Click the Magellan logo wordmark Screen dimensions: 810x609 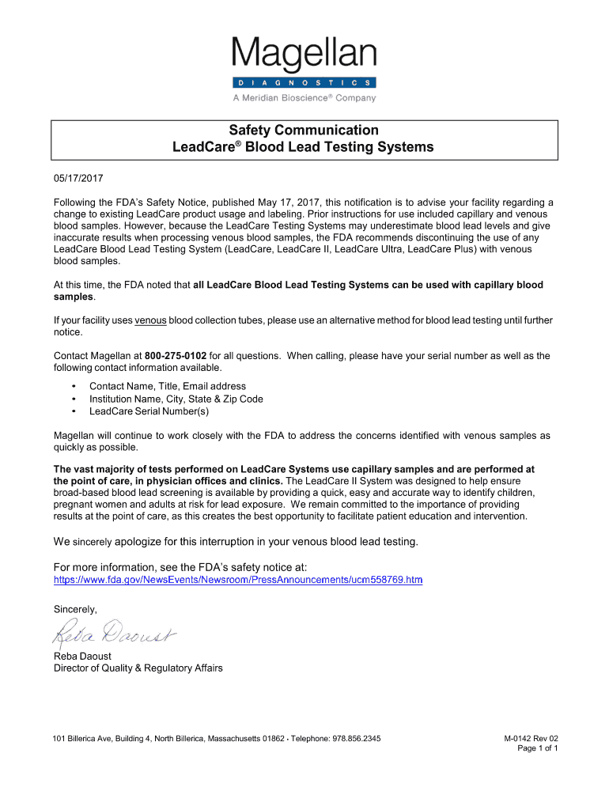pyautogui.click(x=304, y=55)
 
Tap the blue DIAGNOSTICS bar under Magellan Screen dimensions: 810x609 pyautogui.click(x=304, y=82)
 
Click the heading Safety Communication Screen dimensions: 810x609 pyautogui.click(x=304, y=130)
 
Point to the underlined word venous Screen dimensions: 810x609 pyautogui.click(x=150, y=320)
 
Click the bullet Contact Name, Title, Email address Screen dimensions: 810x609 pyautogui.click(x=168, y=386)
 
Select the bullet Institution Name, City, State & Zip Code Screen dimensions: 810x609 pyautogui.click(x=176, y=399)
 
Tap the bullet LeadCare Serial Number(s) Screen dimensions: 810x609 pyautogui.click(x=149, y=411)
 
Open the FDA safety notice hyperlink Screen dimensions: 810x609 pyautogui.click(x=237, y=580)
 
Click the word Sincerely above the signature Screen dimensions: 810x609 pyautogui.click(x=75, y=609)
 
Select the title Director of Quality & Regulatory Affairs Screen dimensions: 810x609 pyautogui.click(x=138, y=668)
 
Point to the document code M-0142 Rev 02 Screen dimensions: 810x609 pyautogui.click(x=531, y=738)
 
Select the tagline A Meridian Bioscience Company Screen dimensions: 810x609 pyautogui.click(x=304, y=98)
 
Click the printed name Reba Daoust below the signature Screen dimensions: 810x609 pyautogui.click(x=83, y=656)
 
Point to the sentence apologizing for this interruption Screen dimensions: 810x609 pyautogui.click(x=235, y=542)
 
